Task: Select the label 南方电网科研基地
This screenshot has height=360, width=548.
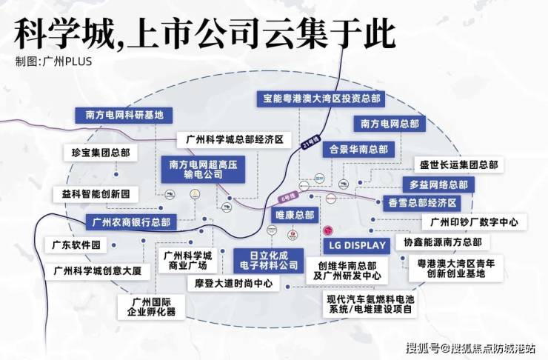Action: click(124, 115)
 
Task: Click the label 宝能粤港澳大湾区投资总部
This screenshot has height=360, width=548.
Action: click(321, 98)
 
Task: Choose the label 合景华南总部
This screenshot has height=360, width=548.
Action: click(357, 147)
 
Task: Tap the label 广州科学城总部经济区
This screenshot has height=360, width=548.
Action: click(230, 139)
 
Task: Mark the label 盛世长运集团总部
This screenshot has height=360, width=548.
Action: click(458, 164)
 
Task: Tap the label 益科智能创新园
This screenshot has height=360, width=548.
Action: click(91, 193)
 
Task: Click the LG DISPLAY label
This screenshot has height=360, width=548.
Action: click(356, 245)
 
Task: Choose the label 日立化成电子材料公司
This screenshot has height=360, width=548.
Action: click(270, 259)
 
